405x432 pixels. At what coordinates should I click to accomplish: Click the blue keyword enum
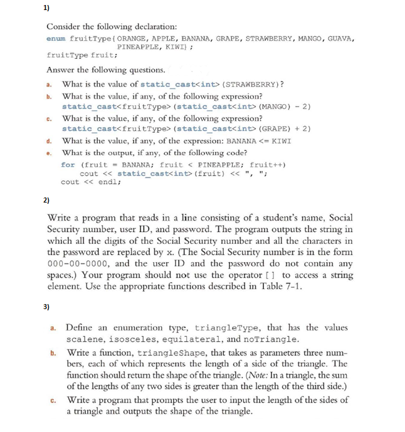[x=56, y=38]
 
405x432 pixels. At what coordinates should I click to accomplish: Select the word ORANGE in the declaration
[x=129, y=38]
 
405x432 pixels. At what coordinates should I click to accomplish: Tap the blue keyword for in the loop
[x=68, y=164]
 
